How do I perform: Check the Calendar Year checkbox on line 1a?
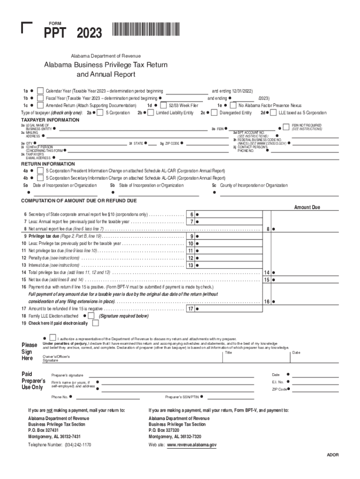pos(41,91)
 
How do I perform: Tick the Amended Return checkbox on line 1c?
pos(41,106)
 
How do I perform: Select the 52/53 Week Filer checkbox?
pos(164,106)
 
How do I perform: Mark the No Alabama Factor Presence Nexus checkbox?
pos(233,106)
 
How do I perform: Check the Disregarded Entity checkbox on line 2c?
pos(215,113)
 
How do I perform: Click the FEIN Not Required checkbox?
pos(286,127)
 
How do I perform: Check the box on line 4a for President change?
pos(41,171)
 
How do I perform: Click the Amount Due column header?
pos(307,207)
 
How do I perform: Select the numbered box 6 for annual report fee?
pos(192,214)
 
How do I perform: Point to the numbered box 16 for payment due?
pos(266,302)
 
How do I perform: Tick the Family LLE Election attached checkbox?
pos(91,316)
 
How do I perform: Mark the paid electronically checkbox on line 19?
pos(95,323)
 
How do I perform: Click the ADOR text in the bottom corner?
pos(332,455)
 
